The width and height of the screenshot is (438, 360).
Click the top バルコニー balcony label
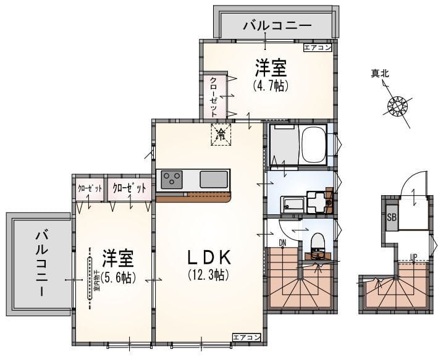276,25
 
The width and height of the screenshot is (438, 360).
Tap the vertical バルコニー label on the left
41,262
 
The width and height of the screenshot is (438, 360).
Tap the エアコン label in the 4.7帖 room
318,47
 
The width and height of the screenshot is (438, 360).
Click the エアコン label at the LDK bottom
246,337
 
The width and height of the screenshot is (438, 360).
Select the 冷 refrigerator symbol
221,134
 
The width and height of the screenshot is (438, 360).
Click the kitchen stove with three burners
171,180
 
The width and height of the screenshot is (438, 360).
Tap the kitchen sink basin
214,180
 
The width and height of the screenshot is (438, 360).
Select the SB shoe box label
391,217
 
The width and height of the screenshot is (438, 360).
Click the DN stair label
282,241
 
